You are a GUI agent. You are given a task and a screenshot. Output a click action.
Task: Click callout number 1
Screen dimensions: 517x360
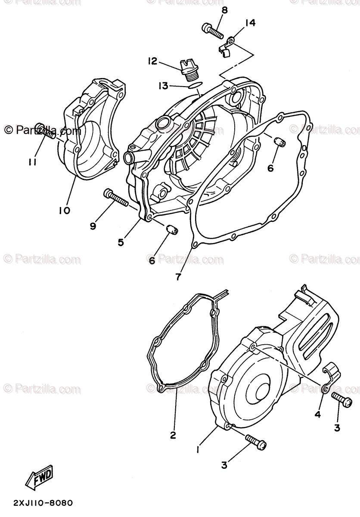pos(198,449)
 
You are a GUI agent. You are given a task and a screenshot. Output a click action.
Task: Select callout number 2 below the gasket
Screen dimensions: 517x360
pos(173,435)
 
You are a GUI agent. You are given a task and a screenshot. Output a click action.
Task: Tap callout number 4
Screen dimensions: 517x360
pos(317,414)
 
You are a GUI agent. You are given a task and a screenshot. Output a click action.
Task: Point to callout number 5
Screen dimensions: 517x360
pos(121,242)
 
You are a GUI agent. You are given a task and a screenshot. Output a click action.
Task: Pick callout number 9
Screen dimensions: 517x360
pos(93,225)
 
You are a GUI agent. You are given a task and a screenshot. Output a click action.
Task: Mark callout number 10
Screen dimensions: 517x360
pos(65,211)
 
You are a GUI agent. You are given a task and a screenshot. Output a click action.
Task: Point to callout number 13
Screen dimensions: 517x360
pos(163,86)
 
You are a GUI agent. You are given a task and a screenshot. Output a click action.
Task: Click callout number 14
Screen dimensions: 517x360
pos(250,23)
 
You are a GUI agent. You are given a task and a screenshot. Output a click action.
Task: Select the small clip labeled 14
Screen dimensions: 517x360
pos(225,46)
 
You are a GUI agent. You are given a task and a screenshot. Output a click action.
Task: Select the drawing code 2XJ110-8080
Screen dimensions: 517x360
pos(37,503)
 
